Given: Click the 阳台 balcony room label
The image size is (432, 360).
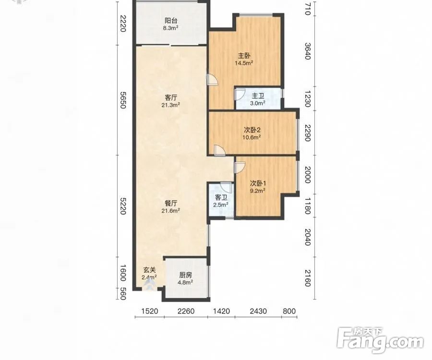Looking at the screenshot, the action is pos(171,21).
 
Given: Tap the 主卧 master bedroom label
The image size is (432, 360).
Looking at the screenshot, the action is pos(244,56).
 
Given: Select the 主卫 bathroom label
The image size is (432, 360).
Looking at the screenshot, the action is pos(258,96).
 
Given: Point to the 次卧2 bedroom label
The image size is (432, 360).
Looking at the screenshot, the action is pos(252,130).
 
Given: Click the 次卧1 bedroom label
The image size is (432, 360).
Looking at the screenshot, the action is pos(258,183).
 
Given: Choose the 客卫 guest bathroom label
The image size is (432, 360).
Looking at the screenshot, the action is pos(221,198).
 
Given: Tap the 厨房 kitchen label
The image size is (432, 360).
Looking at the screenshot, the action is pos(186,275).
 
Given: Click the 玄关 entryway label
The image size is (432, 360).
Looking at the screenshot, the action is pos(150,270).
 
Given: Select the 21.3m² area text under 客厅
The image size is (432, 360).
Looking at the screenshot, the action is pos(171,105).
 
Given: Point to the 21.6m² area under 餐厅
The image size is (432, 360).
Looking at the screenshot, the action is pos(171,211).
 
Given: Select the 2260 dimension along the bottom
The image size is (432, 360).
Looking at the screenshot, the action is pos(186,311).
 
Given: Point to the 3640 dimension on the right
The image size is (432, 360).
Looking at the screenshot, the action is pos(308,51).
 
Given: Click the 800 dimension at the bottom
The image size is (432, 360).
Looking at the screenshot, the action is pos(289,311).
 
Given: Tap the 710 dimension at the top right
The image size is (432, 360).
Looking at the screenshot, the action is pos(308,9).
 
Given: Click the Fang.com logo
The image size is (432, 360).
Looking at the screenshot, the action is pos(381,340).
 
